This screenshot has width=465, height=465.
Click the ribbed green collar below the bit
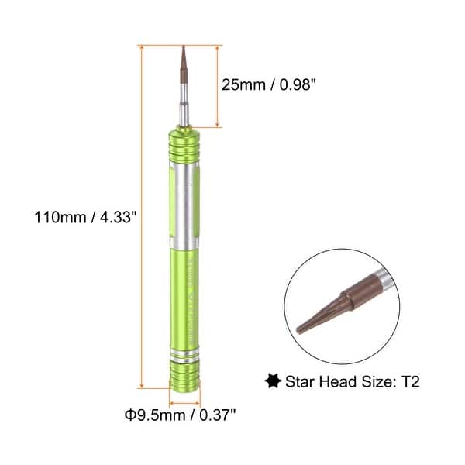(x=184, y=147)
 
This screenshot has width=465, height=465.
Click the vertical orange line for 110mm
(x=142, y=216)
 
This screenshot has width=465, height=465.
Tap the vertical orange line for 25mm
(x=219, y=85)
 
